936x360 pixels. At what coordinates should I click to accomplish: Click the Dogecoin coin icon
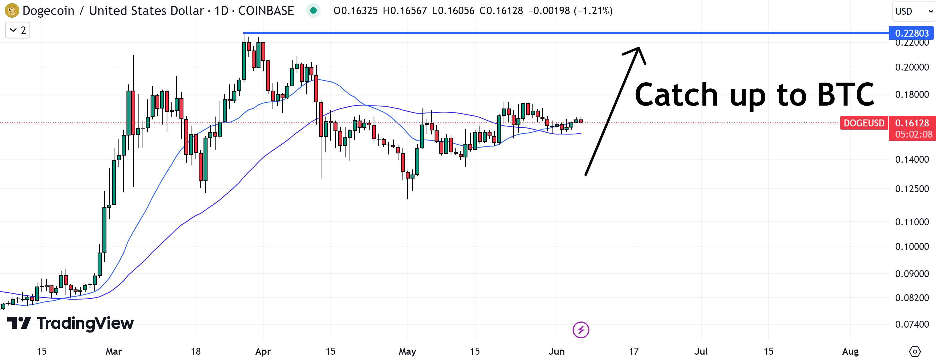click(11, 10)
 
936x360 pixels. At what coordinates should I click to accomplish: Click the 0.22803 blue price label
click(912, 33)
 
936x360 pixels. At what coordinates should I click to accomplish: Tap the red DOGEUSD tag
click(864, 123)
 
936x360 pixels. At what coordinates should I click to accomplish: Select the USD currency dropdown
click(913, 11)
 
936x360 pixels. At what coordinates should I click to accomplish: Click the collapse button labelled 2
click(17, 30)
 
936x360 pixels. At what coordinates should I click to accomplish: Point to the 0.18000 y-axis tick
click(912, 94)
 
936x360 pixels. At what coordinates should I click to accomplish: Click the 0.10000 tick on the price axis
click(912, 246)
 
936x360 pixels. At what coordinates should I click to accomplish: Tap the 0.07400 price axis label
click(912, 324)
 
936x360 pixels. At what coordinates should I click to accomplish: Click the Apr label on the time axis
click(263, 351)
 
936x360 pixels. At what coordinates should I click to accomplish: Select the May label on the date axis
click(407, 351)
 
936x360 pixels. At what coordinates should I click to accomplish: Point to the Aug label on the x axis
click(850, 351)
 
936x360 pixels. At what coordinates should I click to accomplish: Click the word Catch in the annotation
click(676, 94)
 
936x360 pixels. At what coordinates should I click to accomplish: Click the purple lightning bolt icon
click(581, 330)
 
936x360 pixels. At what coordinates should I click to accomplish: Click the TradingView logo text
click(85, 323)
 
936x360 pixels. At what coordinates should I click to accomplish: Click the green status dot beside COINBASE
click(313, 10)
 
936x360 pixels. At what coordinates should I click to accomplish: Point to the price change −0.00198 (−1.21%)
click(570, 10)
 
